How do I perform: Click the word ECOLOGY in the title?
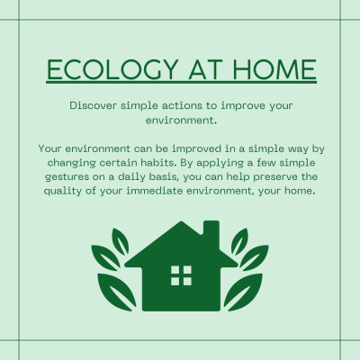(x=113, y=69)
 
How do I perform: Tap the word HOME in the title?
(x=274, y=69)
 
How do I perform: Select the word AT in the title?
(x=206, y=69)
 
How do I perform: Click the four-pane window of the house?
(x=181, y=275)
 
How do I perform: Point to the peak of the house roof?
(x=181, y=222)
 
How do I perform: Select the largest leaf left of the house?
(x=117, y=292)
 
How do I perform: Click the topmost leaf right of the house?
(x=239, y=241)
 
